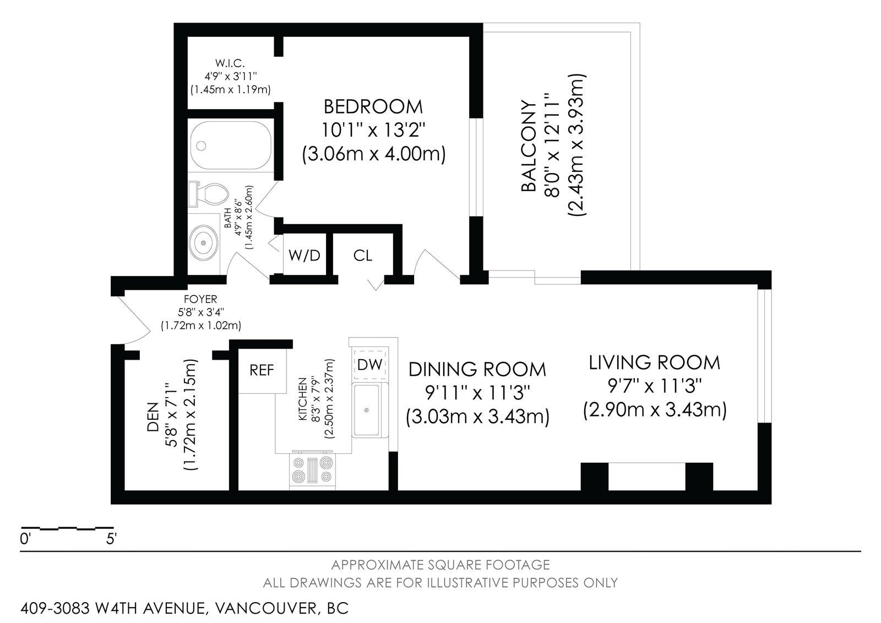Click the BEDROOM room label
pyautogui.click(x=373, y=107)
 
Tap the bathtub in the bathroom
pyautogui.click(x=231, y=145)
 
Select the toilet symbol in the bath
pyautogui.click(x=209, y=194)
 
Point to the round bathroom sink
pyautogui.click(x=204, y=243)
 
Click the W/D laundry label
pyautogui.click(x=304, y=256)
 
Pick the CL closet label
pyautogui.click(x=362, y=256)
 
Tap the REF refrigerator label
pyautogui.click(x=262, y=370)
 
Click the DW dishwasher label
pyautogui.click(x=369, y=365)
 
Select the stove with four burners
pyautogui.click(x=312, y=471)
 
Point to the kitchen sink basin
pyautogui.click(x=366, y=410)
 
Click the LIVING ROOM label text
pyautogui.click(x=655, y=362)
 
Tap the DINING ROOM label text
pyautogui.click(x=477, y=369)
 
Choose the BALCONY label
pyautogui.click(x=529, y=147)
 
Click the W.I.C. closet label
pyautogui.click(x=230, y=63)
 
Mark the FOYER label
pyautogui.click(x=200, y=300)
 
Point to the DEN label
pyautogui.click(x=153, y=416)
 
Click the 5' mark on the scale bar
pyautogui.click(x=111, y=539)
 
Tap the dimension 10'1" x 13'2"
pyautogui.click(x=373, y=130)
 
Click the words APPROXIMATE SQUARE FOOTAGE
pyautogui.click(x=440, y=565)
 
